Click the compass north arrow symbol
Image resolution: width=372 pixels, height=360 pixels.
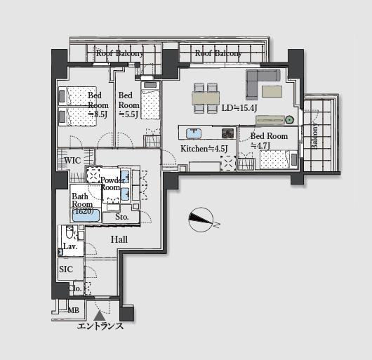coord(201,220)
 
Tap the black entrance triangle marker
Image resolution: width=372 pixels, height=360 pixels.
coord(98,316)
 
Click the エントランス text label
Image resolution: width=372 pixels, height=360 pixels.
coord(100,326)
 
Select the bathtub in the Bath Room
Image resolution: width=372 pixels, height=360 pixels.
coord(86,215)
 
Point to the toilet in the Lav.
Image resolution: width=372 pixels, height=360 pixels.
coord(69,232)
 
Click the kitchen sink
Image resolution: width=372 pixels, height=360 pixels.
coord(194,133)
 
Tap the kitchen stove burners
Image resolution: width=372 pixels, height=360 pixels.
coord(228,133)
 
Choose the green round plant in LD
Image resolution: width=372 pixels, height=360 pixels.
coord(289,119)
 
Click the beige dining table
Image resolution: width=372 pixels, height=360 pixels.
coord(206,98)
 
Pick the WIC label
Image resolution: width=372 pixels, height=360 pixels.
coord(72,161)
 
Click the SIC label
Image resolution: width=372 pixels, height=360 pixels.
coord(66,269)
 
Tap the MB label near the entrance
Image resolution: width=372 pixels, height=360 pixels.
coord(73,310)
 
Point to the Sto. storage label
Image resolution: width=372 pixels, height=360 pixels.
coord(122,217)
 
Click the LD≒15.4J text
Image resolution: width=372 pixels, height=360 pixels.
coord(239,108)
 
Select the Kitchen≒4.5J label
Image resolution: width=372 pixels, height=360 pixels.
coord(204,149)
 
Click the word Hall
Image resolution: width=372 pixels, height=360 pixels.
coord(119,239)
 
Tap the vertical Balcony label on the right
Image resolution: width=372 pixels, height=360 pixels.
coord(314,135)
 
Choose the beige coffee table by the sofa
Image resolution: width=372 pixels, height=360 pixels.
coord(272,91)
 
